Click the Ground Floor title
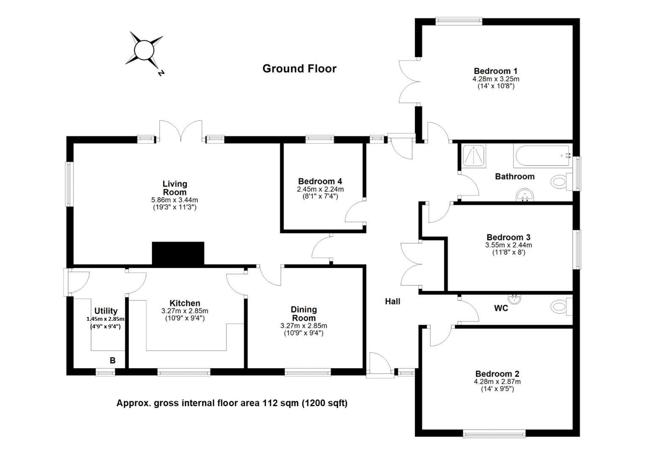coord(299,69)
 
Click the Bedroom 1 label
coord(496,71)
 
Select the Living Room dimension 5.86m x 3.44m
coord(174,200)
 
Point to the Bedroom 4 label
coord(320,181)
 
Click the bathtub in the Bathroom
coord(542,156)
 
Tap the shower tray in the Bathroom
coord(474,156)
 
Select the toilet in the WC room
coord(561,306)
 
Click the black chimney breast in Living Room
coord(178,253)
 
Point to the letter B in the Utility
coord(113,360)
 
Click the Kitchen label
coord(185,303)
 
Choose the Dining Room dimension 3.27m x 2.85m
coord(304,326)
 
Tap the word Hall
coord(393,301)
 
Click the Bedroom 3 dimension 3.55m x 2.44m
coord(509,245)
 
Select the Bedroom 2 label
coord(497,374)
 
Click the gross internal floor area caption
coord(232,403)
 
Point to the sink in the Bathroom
coord(525,195)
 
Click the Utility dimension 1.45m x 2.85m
coord(105,319)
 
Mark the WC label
coord(501,308)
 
